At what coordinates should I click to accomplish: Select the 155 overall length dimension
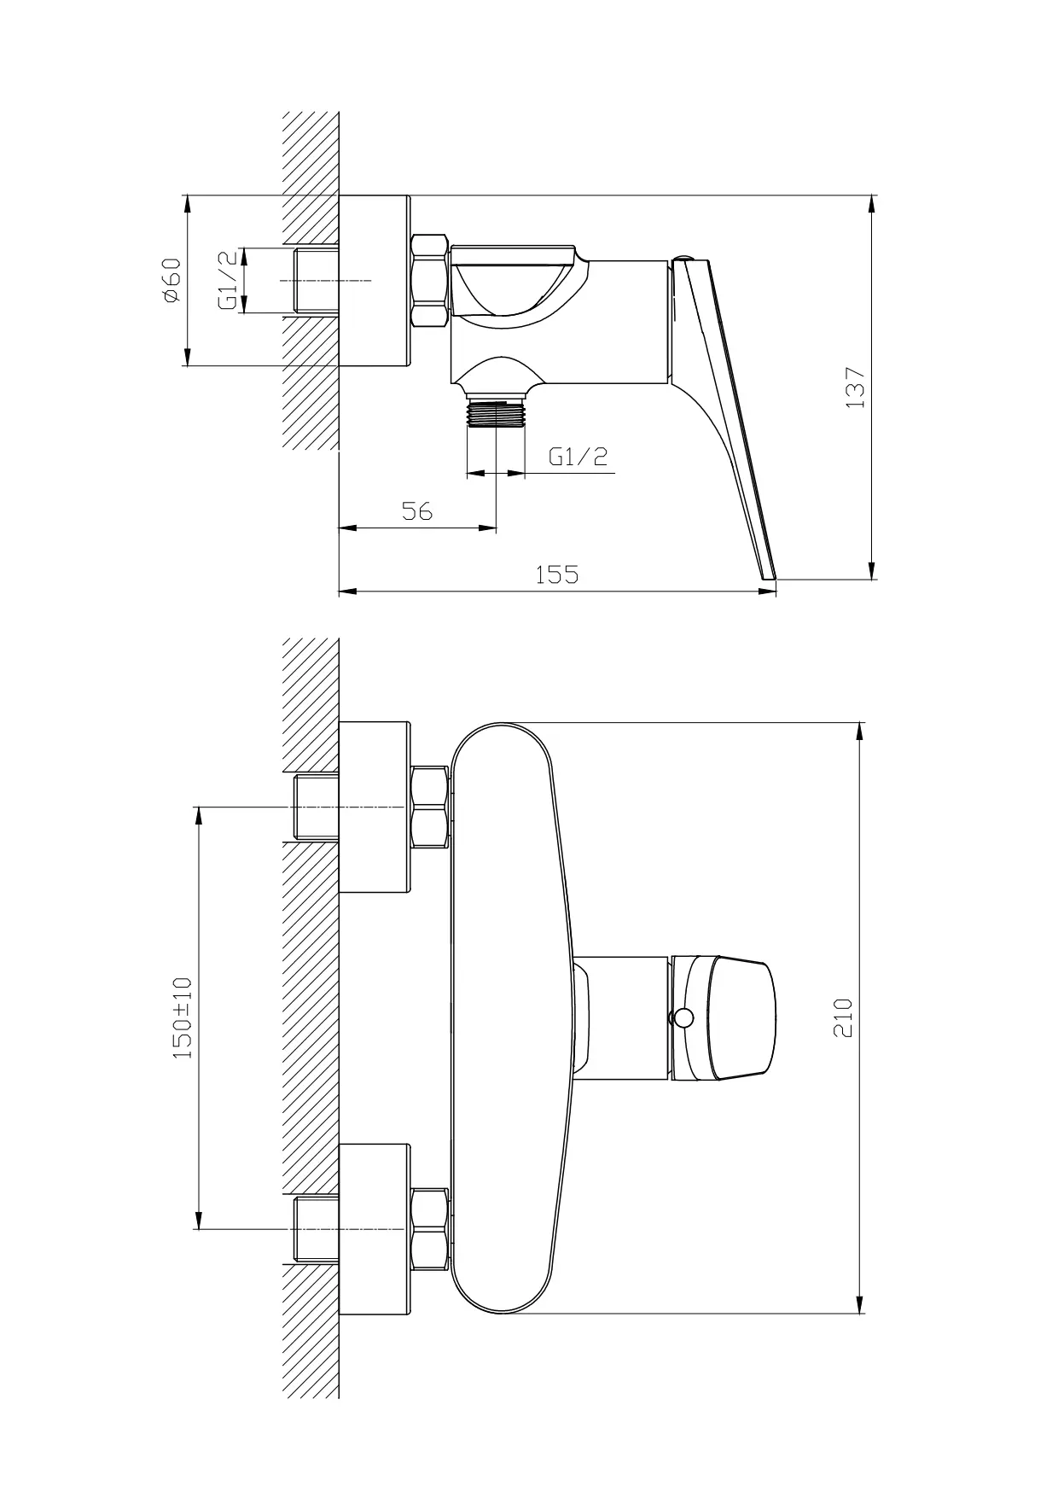click(556, 574)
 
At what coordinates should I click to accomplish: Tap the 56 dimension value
click(417, 511)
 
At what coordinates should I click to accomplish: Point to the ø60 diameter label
click(171, 280)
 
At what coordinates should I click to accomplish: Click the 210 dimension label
click(842, 1017)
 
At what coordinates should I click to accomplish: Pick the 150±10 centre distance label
click(183, 1018)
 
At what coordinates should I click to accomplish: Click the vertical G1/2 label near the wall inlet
click(228, 280)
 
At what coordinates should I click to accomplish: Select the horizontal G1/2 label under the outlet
click(578, 457)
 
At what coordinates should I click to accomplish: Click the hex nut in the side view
click(430, 281)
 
